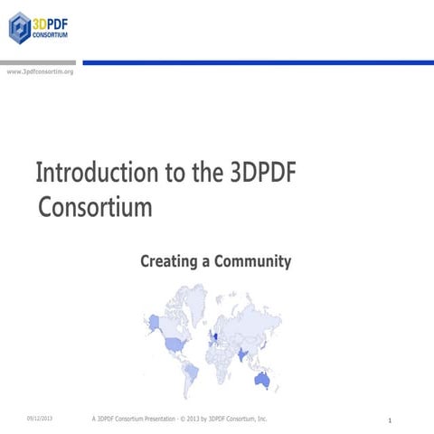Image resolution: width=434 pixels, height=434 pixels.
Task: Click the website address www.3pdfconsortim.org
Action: [40, 71]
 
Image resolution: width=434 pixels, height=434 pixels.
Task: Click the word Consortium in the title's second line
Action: [95, 207]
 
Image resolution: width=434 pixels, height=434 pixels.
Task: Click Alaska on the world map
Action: [154, 321]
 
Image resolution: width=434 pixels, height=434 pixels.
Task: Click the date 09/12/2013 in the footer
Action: [40, 419]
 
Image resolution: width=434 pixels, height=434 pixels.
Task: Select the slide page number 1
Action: [389, 420]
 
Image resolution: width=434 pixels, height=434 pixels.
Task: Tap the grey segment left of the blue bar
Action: [40, 62]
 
